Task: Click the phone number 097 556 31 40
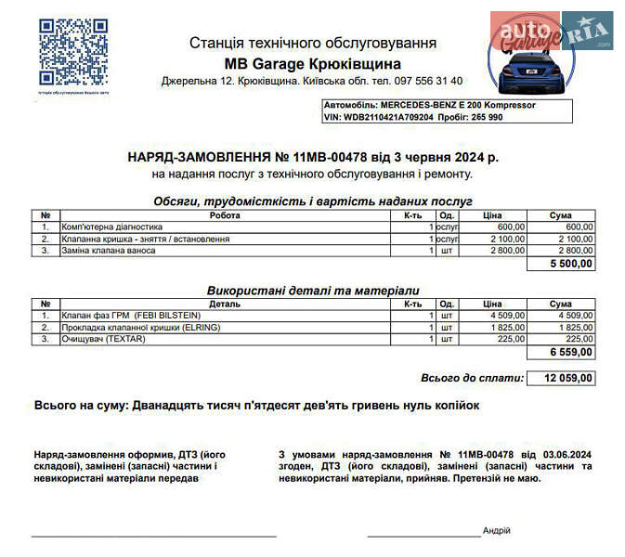click(433, 82)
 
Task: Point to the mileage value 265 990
click(484, 118)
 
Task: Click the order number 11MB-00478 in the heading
click(330, 158)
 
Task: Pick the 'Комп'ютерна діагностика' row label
click(111, 227)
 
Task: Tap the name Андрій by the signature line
click(497, 530)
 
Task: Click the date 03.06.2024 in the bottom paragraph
click(565, 454)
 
